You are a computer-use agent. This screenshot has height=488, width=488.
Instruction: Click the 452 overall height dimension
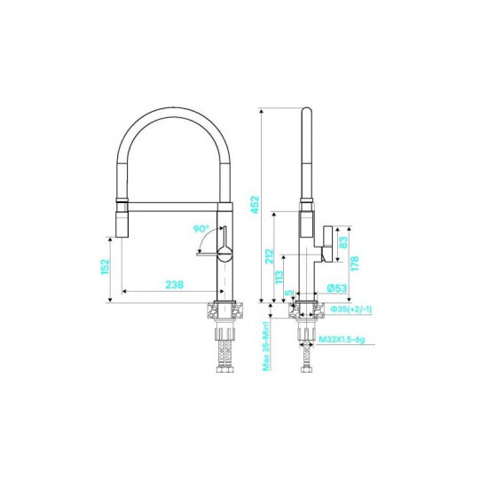tap(255, 204)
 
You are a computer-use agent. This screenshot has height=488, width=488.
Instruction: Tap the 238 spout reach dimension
tap(174, 285)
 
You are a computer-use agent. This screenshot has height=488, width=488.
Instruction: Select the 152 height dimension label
tap(106, 267)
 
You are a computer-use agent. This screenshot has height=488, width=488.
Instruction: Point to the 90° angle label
tap(201, 229)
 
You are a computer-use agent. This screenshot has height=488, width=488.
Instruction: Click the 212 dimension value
tap(269, 256)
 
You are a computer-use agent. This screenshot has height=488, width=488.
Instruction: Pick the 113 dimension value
tap(279, 278)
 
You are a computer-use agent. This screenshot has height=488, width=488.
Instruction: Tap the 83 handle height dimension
tap(343, 242)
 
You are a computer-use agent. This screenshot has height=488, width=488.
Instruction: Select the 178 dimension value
tap(355, 264)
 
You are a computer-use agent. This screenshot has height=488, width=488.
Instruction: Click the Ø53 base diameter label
tap(337, 288)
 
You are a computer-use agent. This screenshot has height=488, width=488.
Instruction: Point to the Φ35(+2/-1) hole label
tap(351, 309)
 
